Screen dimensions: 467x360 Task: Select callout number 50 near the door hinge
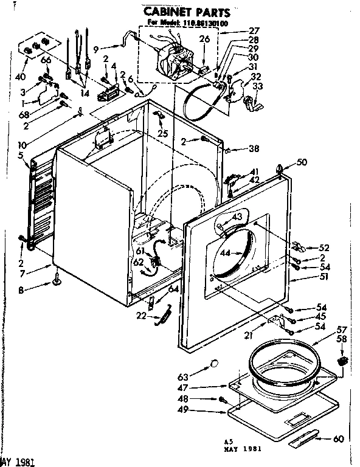[x=302, y=162]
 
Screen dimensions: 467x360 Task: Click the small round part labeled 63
[x=213, y=364]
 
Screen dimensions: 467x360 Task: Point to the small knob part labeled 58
[x=342, y=361]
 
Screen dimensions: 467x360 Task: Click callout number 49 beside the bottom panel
[x=198, y=411]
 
